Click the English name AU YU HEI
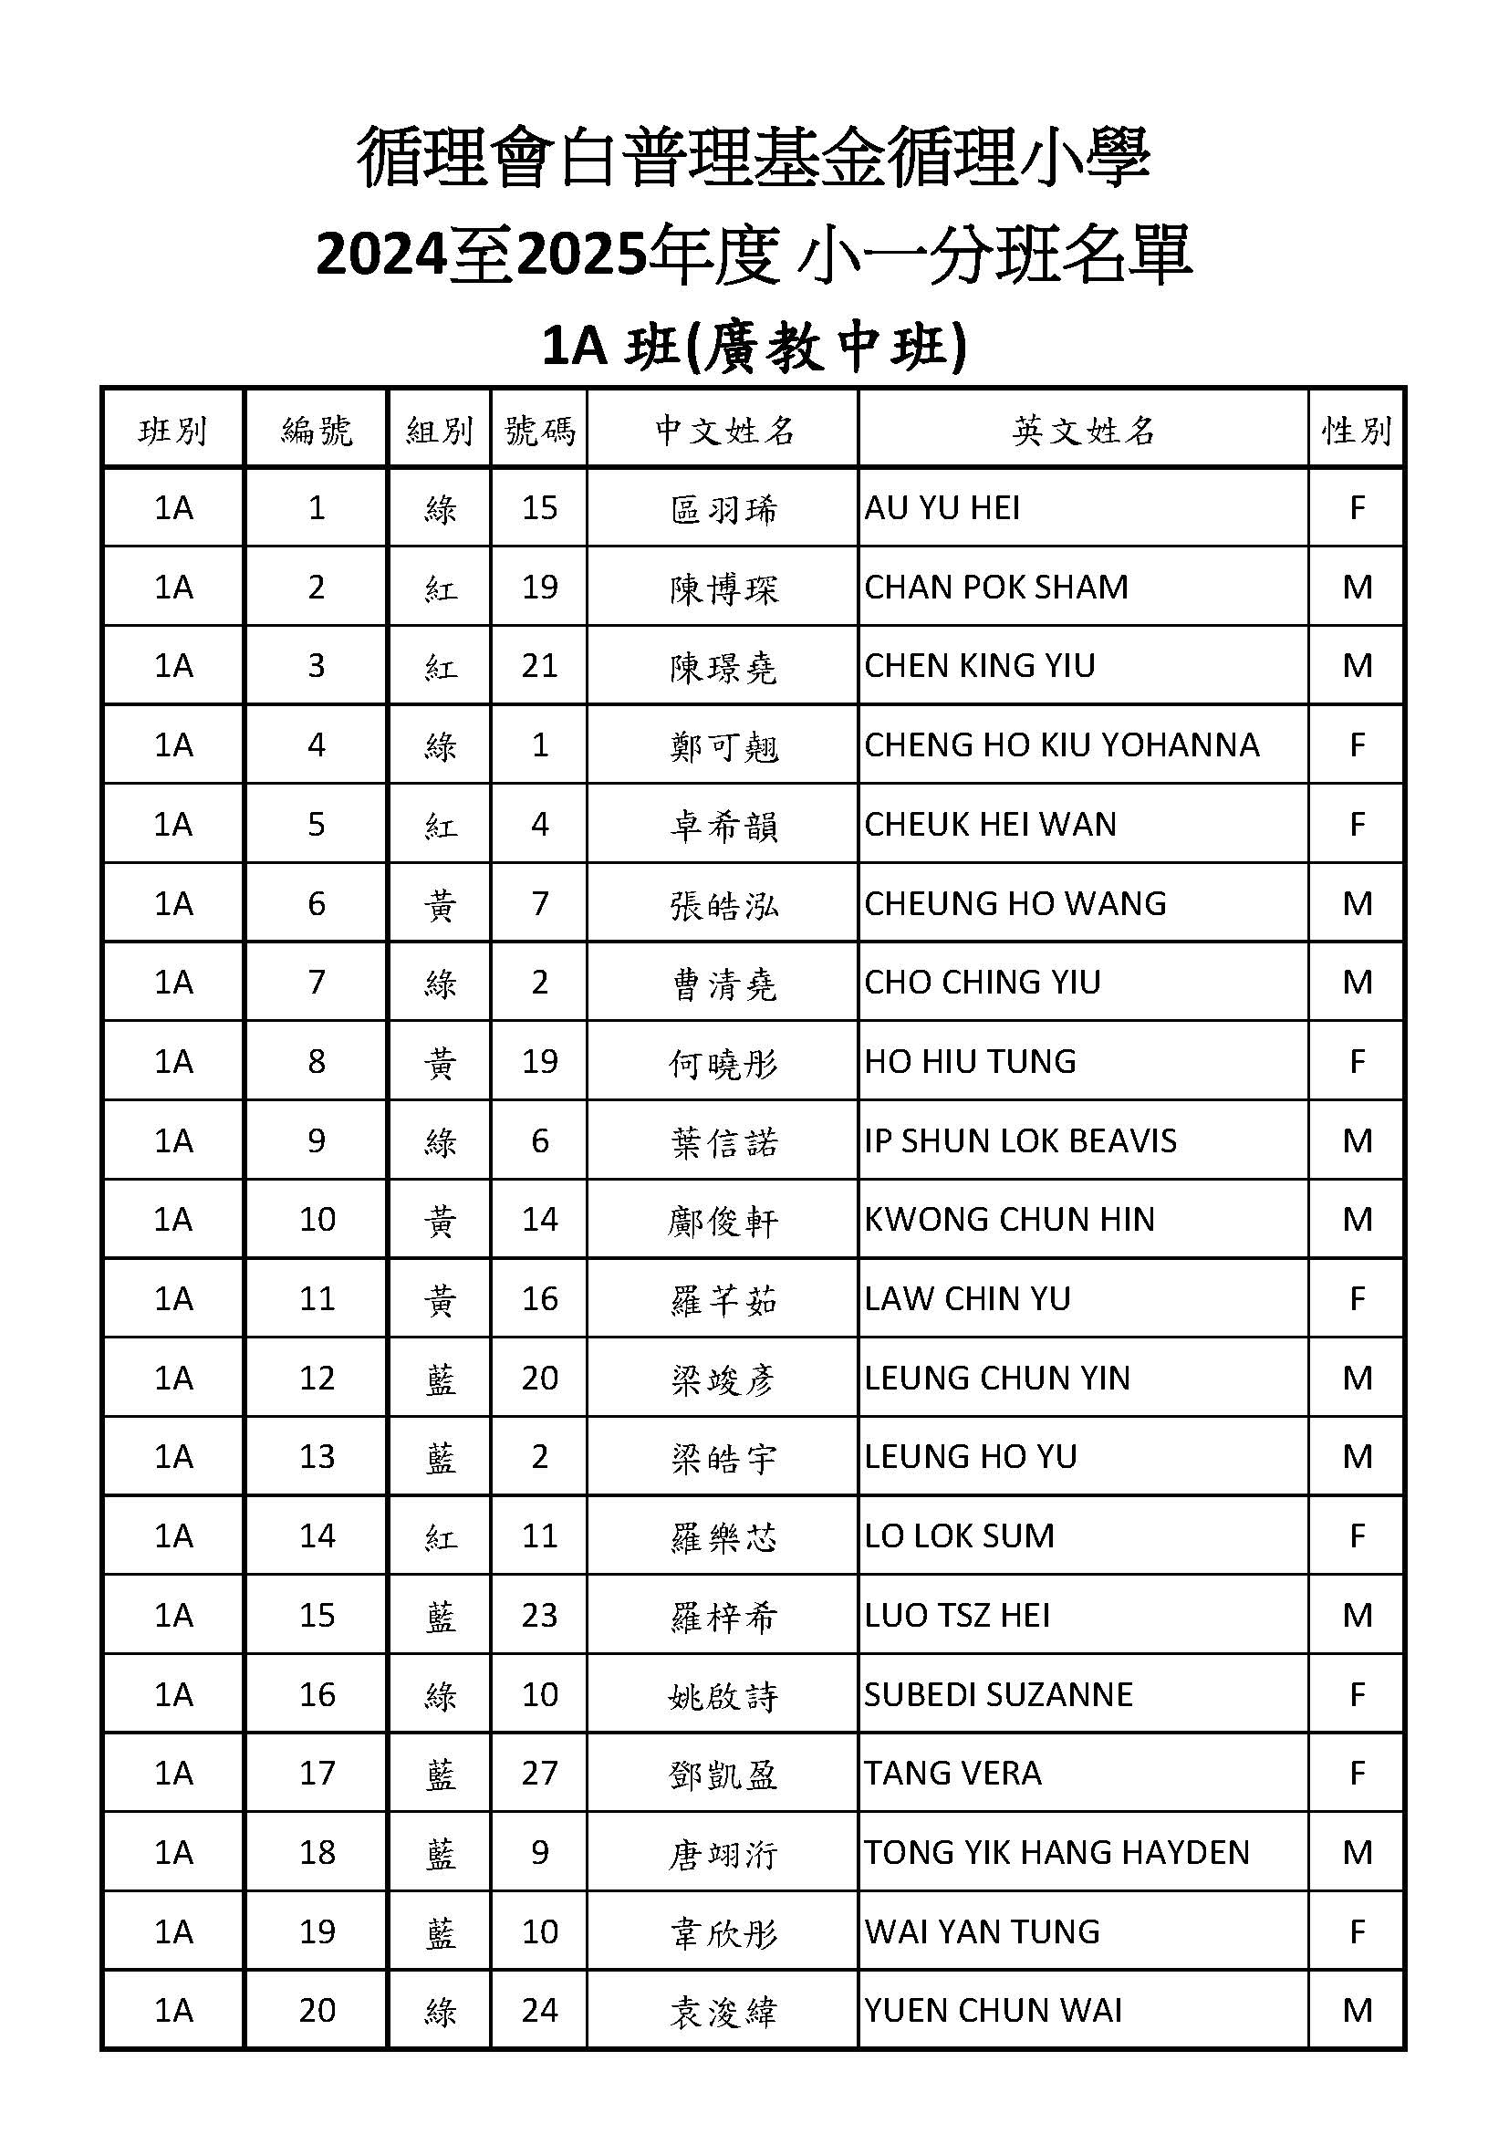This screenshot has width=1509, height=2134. pyautogui.click(x=942, y=507)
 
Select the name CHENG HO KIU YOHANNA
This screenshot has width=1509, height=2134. pyautogui.click(x=1061, y=744)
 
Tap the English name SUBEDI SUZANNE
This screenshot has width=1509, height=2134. pyautogui.click(x=998, y=1694)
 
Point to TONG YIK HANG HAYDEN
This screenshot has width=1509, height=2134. pyautogui.click(x=1056, y=1852)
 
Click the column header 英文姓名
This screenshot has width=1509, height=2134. pyautogui.click(x=1084, y=431)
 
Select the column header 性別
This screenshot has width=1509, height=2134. pyautogui.click(x=1357, y=431)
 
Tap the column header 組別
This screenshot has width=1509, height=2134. pyautogui.click(x=440, y=431)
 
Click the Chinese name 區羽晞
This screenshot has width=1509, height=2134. pyautogui.click(x=723, y=509)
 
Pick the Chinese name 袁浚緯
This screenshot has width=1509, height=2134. pyautogui.click(x=723, y=2013)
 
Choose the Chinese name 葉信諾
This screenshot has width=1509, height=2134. pyautogui.click(x=723, y=1142)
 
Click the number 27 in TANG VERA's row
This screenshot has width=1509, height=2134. pyautogui.click(x=539, y=1774)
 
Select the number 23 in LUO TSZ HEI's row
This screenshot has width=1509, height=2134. pyautogui.click(x=539, y=1616)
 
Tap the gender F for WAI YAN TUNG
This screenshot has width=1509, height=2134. pyautogui.click(x=1357, y=1931)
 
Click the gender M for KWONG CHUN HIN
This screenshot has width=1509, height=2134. pyautogui.click(x=1357, y=1220)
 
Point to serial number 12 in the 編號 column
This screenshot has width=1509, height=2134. pyautogui.click(x=317, y=1378)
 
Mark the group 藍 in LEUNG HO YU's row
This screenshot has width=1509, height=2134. pyautogui.click(x=440, y=1457)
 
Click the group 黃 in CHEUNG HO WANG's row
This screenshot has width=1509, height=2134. pyautogui.click(x=440, y=904)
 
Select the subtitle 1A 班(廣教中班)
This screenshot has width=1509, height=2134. pyautogui.click(x=754, y=347)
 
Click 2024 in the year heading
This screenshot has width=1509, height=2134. pyautogui.click(x=382, y=254)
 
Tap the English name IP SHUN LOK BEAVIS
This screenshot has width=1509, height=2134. pyautogui.click(x=1019, y=1140)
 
